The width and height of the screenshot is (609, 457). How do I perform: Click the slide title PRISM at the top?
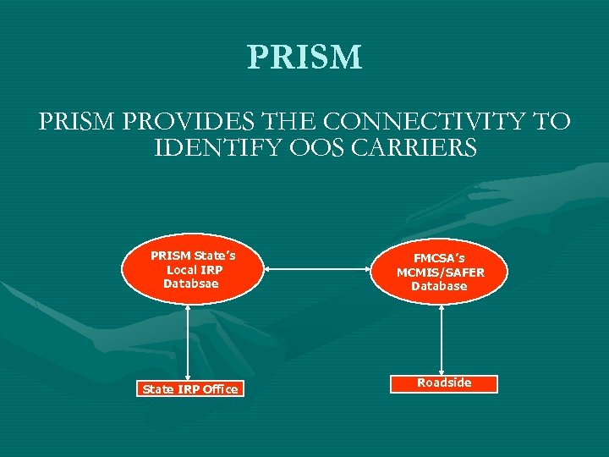[304, 58]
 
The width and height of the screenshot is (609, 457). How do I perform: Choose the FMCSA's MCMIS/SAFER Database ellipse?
[440, 273]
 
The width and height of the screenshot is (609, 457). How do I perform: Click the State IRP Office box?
[190, 389]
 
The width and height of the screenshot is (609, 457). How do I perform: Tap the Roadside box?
[444, 383]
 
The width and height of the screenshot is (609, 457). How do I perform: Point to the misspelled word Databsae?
[190, 284]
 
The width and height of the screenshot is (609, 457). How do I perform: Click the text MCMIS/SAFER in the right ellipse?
[440, 273]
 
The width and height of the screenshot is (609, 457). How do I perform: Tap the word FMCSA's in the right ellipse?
[439, 259]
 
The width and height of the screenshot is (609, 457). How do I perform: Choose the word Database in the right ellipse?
[439, 286]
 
